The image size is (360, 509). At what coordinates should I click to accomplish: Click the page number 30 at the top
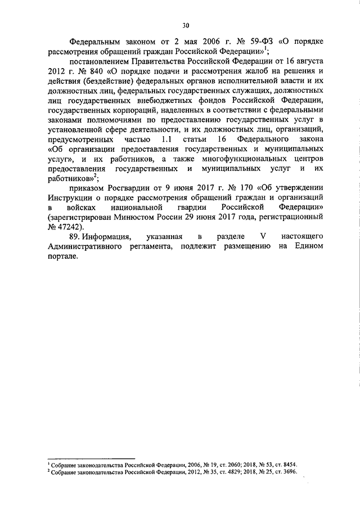click(186, 24)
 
